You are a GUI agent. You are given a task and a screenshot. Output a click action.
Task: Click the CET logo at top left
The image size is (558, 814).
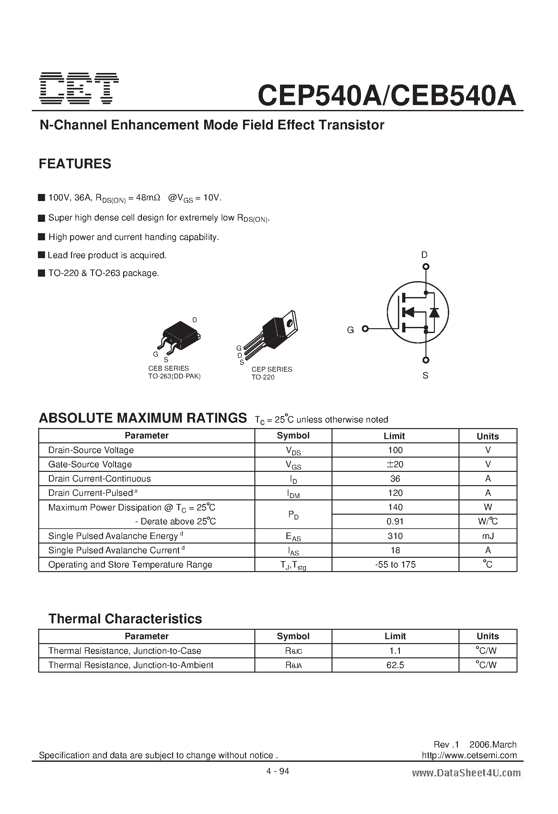pos(79,89)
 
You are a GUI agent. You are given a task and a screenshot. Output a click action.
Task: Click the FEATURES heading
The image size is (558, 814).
pos(75,164)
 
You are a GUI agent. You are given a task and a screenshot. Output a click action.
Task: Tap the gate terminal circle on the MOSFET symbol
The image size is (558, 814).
pos(365,329)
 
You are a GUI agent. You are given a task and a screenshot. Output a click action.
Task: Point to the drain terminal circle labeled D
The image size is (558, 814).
pos(426,267)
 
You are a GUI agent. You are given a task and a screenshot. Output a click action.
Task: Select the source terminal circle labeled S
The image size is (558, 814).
pos(426,360)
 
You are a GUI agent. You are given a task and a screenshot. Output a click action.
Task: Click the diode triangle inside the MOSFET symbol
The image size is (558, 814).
pos(434,312)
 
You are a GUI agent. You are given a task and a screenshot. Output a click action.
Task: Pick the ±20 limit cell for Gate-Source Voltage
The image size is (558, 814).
pos(395,464)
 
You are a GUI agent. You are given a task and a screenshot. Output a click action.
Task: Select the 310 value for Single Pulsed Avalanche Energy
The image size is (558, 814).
pos(395,536)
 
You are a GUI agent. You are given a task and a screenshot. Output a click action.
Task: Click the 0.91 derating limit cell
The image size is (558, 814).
pos(395,521)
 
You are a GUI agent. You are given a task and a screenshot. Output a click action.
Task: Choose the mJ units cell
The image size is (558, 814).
pos(488,536)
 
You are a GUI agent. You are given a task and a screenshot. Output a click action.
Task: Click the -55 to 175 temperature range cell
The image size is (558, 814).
pos(395,565)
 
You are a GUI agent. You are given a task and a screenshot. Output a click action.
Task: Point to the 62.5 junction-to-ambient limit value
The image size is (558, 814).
pos(395,665)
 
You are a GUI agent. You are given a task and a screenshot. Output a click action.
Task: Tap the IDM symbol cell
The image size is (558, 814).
pos(293,494)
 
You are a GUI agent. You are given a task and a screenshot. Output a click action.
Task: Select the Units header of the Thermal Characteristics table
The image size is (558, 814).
pos(488,636)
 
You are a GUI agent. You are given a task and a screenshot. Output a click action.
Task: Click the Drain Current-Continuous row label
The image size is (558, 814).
pos(99,479)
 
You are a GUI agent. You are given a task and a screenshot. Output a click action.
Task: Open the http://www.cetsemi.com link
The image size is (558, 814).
pos(469,755)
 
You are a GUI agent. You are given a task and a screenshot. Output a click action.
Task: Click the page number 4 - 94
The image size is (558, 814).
pos(278,771)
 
